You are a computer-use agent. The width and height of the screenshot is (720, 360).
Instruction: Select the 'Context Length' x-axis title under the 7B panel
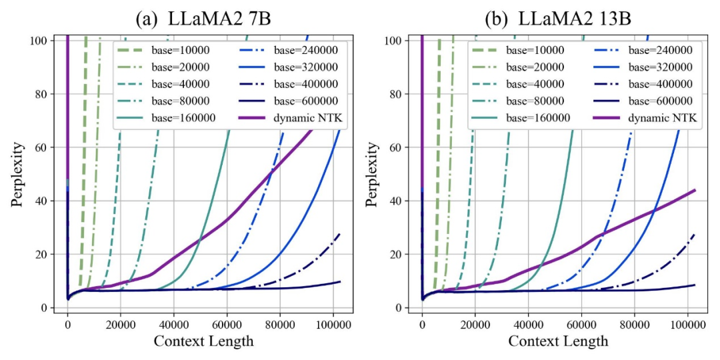coord(204,341)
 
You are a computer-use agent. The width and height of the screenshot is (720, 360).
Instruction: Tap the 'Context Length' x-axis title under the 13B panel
coord(559,341)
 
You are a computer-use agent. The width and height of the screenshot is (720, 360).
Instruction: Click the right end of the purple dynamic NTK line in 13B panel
coord(695,190)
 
